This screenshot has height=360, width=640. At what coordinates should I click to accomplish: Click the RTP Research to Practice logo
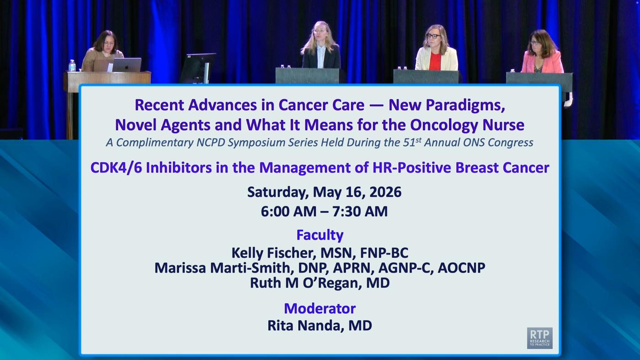point(540,338)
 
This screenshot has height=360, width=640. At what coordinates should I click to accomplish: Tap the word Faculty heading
point(320,235)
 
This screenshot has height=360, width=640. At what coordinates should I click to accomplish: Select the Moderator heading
point(320,308)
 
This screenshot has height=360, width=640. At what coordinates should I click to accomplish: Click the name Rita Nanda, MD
point(320,325)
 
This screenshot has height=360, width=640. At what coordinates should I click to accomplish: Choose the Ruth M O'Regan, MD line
point(320,283)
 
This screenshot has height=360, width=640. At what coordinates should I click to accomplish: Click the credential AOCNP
point(461,268)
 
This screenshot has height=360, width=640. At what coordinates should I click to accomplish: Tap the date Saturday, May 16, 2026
point(324,192)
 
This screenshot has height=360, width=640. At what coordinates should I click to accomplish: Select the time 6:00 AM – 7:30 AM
point(324,212)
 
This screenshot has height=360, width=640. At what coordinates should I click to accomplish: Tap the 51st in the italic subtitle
point(412,142)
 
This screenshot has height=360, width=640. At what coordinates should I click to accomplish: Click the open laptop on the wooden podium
point(127,65)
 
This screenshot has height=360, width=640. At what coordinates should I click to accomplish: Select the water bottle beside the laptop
point(72,66)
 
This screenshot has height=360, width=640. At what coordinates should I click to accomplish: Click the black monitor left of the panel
point(198,68)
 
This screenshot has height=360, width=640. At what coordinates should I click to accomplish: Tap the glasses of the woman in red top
point(433,36)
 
